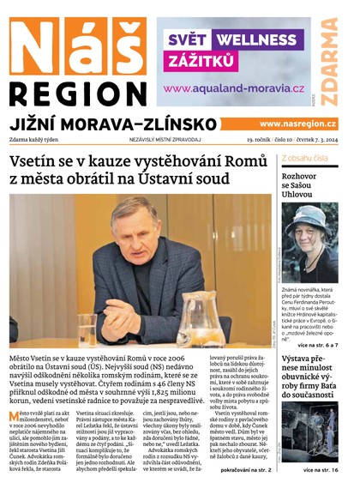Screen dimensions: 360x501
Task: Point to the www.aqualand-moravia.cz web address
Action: click(x=234, y=88)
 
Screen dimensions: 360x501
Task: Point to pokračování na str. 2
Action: click(x=245, y=494)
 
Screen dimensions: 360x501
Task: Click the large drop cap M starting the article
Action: click(x=16, y=419)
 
